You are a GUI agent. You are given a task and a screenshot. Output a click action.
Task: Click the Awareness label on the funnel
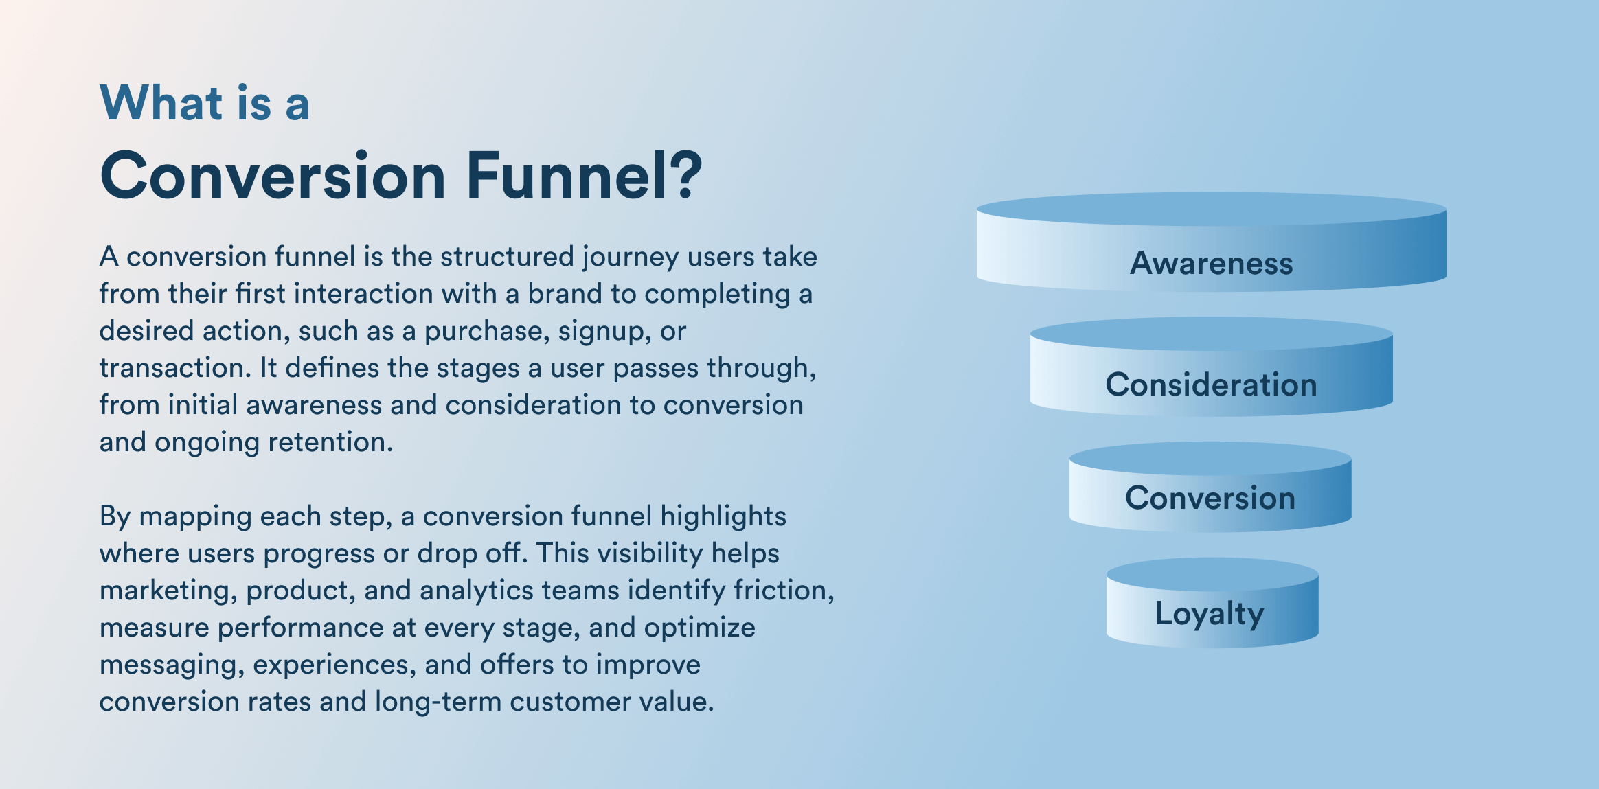pos(1211,263)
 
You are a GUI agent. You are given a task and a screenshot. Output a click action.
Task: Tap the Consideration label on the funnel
pos(1211,385)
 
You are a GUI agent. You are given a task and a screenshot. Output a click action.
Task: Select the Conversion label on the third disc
pos(1210,498)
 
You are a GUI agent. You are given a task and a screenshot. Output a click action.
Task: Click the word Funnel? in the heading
pos(584,176)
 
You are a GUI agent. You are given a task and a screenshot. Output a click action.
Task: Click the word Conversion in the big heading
pos(273,176)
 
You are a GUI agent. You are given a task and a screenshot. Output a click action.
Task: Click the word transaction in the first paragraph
pos(172,368)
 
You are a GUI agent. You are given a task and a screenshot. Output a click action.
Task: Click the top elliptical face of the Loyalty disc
pos(1212,574)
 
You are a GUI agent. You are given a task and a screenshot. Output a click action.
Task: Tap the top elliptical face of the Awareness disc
pos(1211,209)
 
